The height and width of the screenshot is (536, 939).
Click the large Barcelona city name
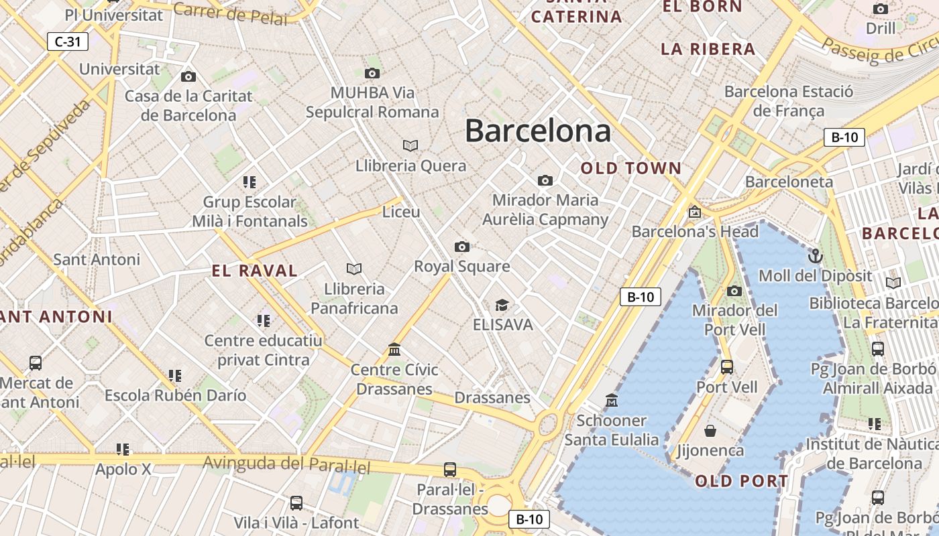pyautogui.click(x=537, y=130)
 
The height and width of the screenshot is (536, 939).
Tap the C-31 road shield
pyautogui.click(x=68, y=42)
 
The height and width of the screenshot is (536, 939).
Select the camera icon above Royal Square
pyautogui.click(x=462, y=247)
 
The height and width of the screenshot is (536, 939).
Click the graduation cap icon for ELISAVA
pyautogui.click(x=502, y=306)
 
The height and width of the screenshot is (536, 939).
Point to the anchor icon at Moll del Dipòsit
pyautogui.click(x=815, y=255)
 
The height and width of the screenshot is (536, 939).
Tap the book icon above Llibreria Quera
pyautogui.click(x=410, y=145)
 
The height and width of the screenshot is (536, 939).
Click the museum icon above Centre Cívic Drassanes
pyautogui.click(x=394, y=350)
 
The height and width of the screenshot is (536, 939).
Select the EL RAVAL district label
pyautogui.click(x=254, y=271)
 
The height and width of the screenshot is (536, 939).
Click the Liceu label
pyautogui.click(x=401, y=212)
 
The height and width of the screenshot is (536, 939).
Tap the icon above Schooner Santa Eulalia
pyautogui.click(x=612, y=401)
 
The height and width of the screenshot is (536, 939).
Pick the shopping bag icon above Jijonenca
pyautogui.click(x=710, y=430)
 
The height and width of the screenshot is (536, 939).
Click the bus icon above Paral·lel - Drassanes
pyautogui.click(x=450, y=470)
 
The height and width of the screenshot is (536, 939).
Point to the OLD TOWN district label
pyautogui.click(x=630, y=168)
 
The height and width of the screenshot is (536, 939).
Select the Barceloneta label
pyautogui.click(x=789, y=182)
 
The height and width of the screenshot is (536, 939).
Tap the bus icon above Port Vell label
pyautogui.click(x=727, y=366)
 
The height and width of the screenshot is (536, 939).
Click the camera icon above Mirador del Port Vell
pyautogui.click(x=734, y=291)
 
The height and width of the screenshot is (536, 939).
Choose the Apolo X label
pyautogui.click(x=123, y=470)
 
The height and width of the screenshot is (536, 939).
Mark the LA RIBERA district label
pyautogui.click(x=708, y=49)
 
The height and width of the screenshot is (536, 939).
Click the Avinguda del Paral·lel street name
pyautogui.click(x=286, y=464)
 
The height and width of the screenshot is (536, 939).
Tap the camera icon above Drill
pyautogui.click(x=881, y=9)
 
